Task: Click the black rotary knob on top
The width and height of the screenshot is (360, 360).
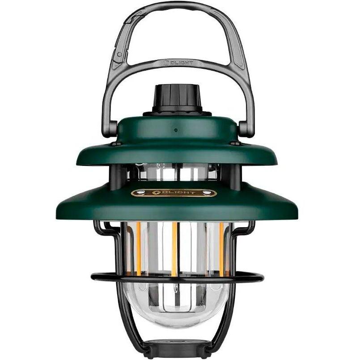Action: pos(177,99)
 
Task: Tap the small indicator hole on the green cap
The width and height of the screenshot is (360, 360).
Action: pos(176,130)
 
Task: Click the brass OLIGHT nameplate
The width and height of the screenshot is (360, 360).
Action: pos(174,193)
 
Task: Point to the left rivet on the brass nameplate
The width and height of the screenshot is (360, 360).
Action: pos(140,193)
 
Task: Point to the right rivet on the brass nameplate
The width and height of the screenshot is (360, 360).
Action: pos(208,193)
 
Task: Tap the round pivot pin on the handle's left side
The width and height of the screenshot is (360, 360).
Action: pos(119,54)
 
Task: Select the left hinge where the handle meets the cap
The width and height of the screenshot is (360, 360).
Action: pos(113,130)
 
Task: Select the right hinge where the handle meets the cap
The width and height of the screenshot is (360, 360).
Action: pos(244,130)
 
